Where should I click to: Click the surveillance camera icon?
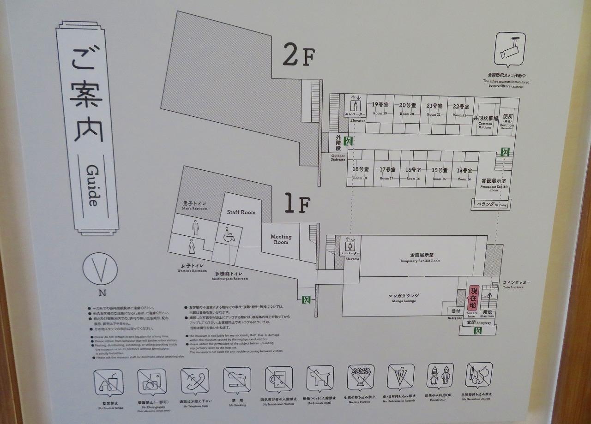click(510, 48)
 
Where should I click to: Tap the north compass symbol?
click(100, 270)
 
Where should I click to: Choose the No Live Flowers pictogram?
click(361, 378)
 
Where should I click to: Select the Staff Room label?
click(241, 212)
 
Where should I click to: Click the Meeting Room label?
click(281, 239)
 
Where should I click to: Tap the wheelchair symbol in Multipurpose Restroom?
click(229, 234)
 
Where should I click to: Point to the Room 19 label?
click(380, 108)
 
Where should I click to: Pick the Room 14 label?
click(464, 173)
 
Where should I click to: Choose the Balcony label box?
click(491, 204)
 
